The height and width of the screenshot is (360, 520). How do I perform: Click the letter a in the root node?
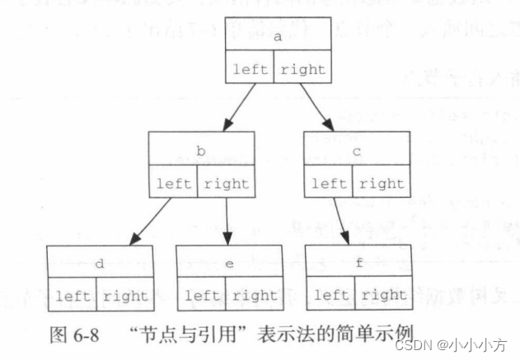[278, 37]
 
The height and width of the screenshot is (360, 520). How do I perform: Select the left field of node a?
[251, 69]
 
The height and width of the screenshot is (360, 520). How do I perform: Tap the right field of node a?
[302, 69]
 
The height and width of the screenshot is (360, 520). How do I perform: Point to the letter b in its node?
[201, 151]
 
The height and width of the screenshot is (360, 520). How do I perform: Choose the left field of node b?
[174, 183]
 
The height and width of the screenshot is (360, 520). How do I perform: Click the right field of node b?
[226, 183]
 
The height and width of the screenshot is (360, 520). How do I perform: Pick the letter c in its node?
[357, 151]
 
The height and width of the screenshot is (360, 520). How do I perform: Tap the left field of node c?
[330, 183]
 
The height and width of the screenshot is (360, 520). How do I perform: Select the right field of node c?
[382, 183]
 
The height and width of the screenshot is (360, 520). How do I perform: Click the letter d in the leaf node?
[99, 264]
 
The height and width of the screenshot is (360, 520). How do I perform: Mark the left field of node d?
[72, 295]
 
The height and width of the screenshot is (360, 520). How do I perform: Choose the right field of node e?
[254, 295]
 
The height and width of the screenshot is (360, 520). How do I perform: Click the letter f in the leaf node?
[358, 264]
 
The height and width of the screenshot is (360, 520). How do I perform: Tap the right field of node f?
[383, 295]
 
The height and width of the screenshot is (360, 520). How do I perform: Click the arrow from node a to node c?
[316, 107]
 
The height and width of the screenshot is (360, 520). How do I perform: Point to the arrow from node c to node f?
[340, 221]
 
